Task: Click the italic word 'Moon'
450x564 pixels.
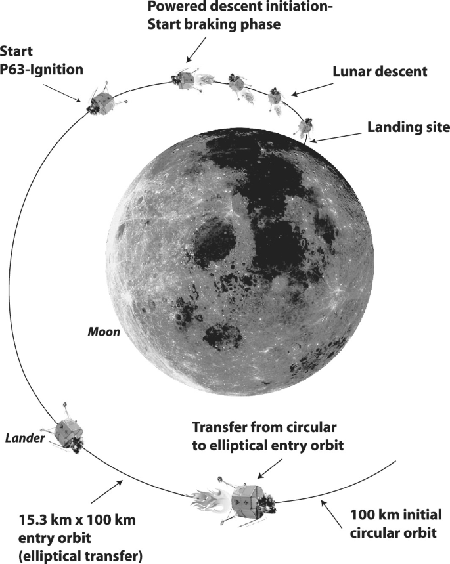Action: click(104, 332)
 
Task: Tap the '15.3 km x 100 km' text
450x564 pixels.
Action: click(78, 521)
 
